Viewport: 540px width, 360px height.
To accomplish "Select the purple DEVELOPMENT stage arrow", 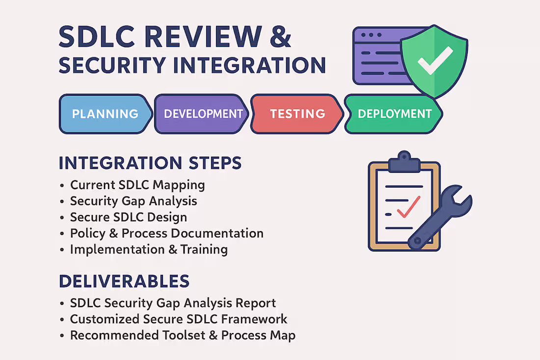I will [x=203, y=114].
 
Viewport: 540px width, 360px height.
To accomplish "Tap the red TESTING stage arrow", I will [x=297, y=114].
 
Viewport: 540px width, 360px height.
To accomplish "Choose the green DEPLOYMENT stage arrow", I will [x=394, y=114].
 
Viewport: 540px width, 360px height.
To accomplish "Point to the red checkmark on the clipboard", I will [x=408, y=207].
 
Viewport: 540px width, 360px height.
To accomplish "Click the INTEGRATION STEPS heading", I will [x=150, y=163].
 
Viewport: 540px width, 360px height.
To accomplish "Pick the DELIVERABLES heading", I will [x=124, y=281].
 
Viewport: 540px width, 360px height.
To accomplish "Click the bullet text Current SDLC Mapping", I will [x=137, y=185].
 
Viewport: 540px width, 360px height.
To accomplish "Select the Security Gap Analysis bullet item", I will [x=134, y=201].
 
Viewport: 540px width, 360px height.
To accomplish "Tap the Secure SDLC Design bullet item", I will [x=129, y=217].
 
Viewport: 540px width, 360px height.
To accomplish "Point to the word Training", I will [x=204, y=249].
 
